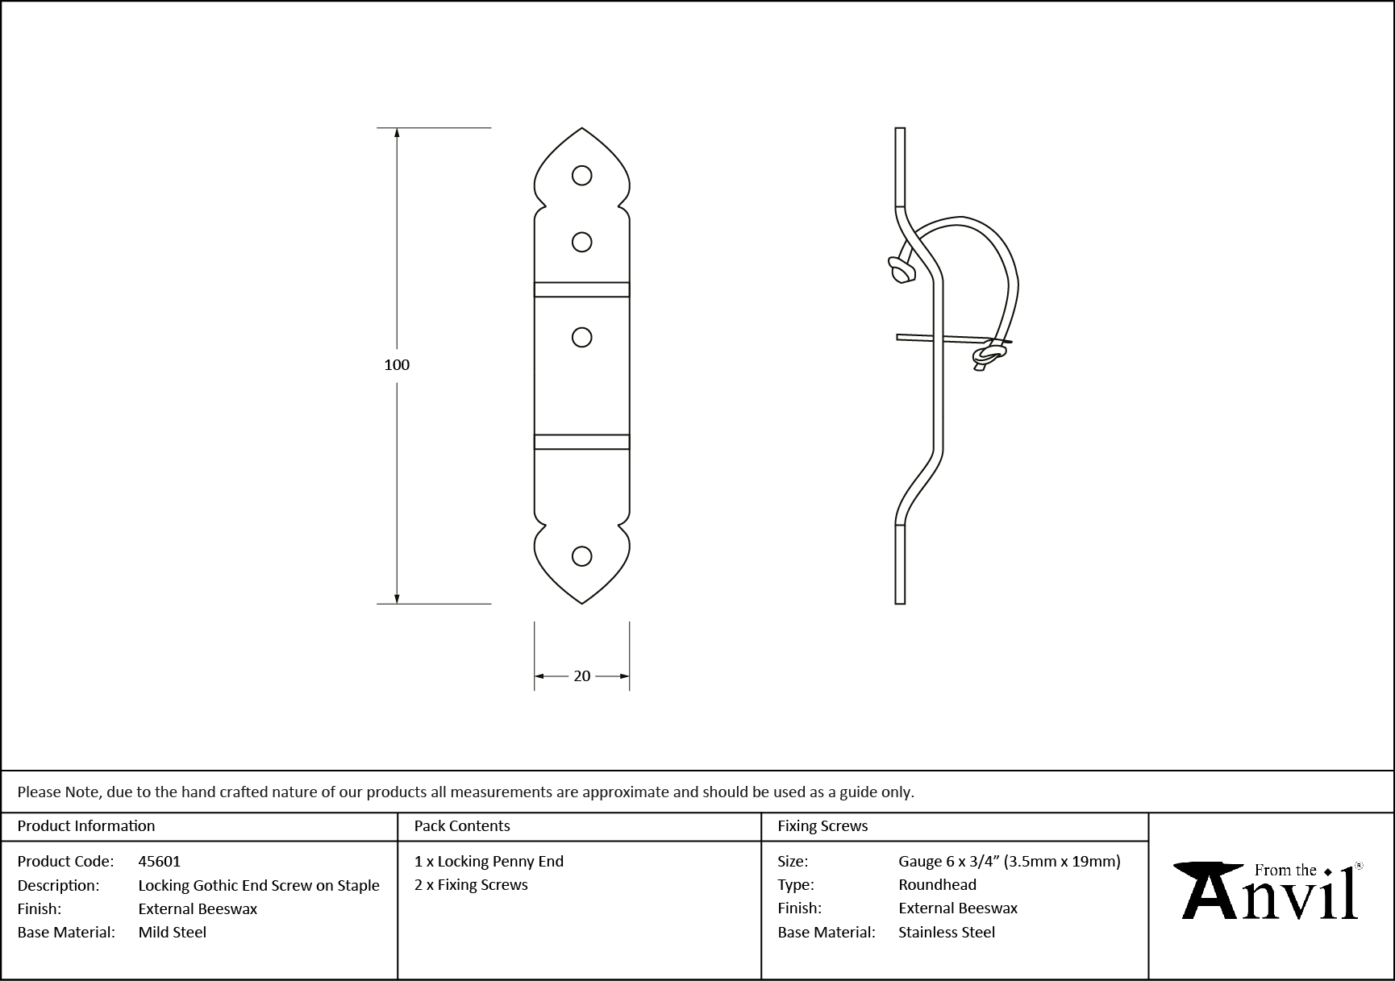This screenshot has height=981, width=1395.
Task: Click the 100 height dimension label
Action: [396, 365]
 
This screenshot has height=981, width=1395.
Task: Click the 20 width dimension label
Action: [581, 676]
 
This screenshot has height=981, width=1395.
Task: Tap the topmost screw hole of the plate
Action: [581, 175]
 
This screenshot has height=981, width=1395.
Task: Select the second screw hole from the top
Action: [581, 242]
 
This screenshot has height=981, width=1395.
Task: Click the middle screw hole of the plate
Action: [581, 337]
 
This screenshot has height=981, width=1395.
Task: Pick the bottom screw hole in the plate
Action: [581, 555]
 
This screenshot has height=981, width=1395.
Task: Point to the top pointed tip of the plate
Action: [581, 129]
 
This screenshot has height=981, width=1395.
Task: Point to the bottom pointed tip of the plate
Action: [581, 602]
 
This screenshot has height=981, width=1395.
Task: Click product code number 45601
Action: [159, 861]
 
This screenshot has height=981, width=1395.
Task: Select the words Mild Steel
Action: [172, 932]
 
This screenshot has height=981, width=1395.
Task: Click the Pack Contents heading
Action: [461, 825]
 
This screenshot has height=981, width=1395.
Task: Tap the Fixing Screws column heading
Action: [822, 825]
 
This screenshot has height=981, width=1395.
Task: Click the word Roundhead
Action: [937, 884]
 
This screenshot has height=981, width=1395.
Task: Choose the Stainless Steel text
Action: [946, 932]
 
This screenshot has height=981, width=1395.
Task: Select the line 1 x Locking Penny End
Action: [488, 861]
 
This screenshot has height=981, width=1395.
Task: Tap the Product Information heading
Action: [85, 825]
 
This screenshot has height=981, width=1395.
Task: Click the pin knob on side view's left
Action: [900, 270]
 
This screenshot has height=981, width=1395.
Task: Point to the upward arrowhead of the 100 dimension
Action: [396, 134]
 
